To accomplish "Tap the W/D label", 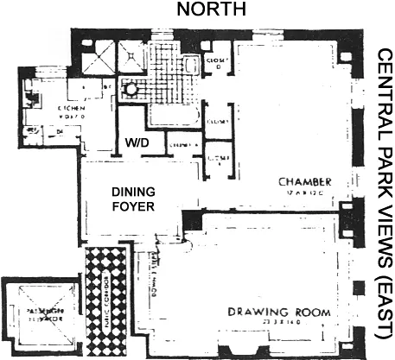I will [x=137, y=142].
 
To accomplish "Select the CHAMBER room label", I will [x=305, y=182].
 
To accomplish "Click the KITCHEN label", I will [x=70, y=110].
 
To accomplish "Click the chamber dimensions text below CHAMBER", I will [x=307, y=193].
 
